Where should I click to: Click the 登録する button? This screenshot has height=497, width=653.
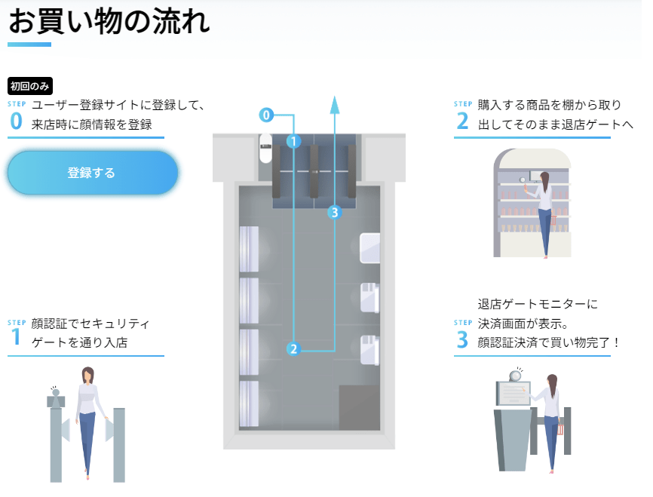[x=92, y=173]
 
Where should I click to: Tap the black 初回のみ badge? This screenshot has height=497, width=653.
[x=30, y=86]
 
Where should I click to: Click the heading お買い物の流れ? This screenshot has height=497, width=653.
[x=109, y=23]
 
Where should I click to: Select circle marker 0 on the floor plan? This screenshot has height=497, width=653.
[x=265, y=115]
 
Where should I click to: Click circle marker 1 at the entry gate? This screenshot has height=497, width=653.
[x=294, y=140]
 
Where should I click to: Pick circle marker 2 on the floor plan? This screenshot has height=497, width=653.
[x=293, y=348]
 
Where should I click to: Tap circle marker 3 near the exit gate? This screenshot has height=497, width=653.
[x=335, y=213]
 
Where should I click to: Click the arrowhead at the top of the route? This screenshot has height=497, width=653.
[x=335, y=103]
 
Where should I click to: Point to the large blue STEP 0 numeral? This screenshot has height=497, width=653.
[x=16, y=122]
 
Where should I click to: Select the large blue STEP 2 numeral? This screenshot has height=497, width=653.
[x=462, y=121]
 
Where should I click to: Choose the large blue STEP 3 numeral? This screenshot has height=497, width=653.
[x=462, y=340]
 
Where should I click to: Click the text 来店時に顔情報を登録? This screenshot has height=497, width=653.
[x=91, y=124]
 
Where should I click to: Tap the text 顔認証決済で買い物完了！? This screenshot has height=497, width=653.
[x=550, y=342]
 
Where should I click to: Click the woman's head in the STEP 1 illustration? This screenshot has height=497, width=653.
[x=87, y=375]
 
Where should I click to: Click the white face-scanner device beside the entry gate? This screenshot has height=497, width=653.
[x=265, y=149]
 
